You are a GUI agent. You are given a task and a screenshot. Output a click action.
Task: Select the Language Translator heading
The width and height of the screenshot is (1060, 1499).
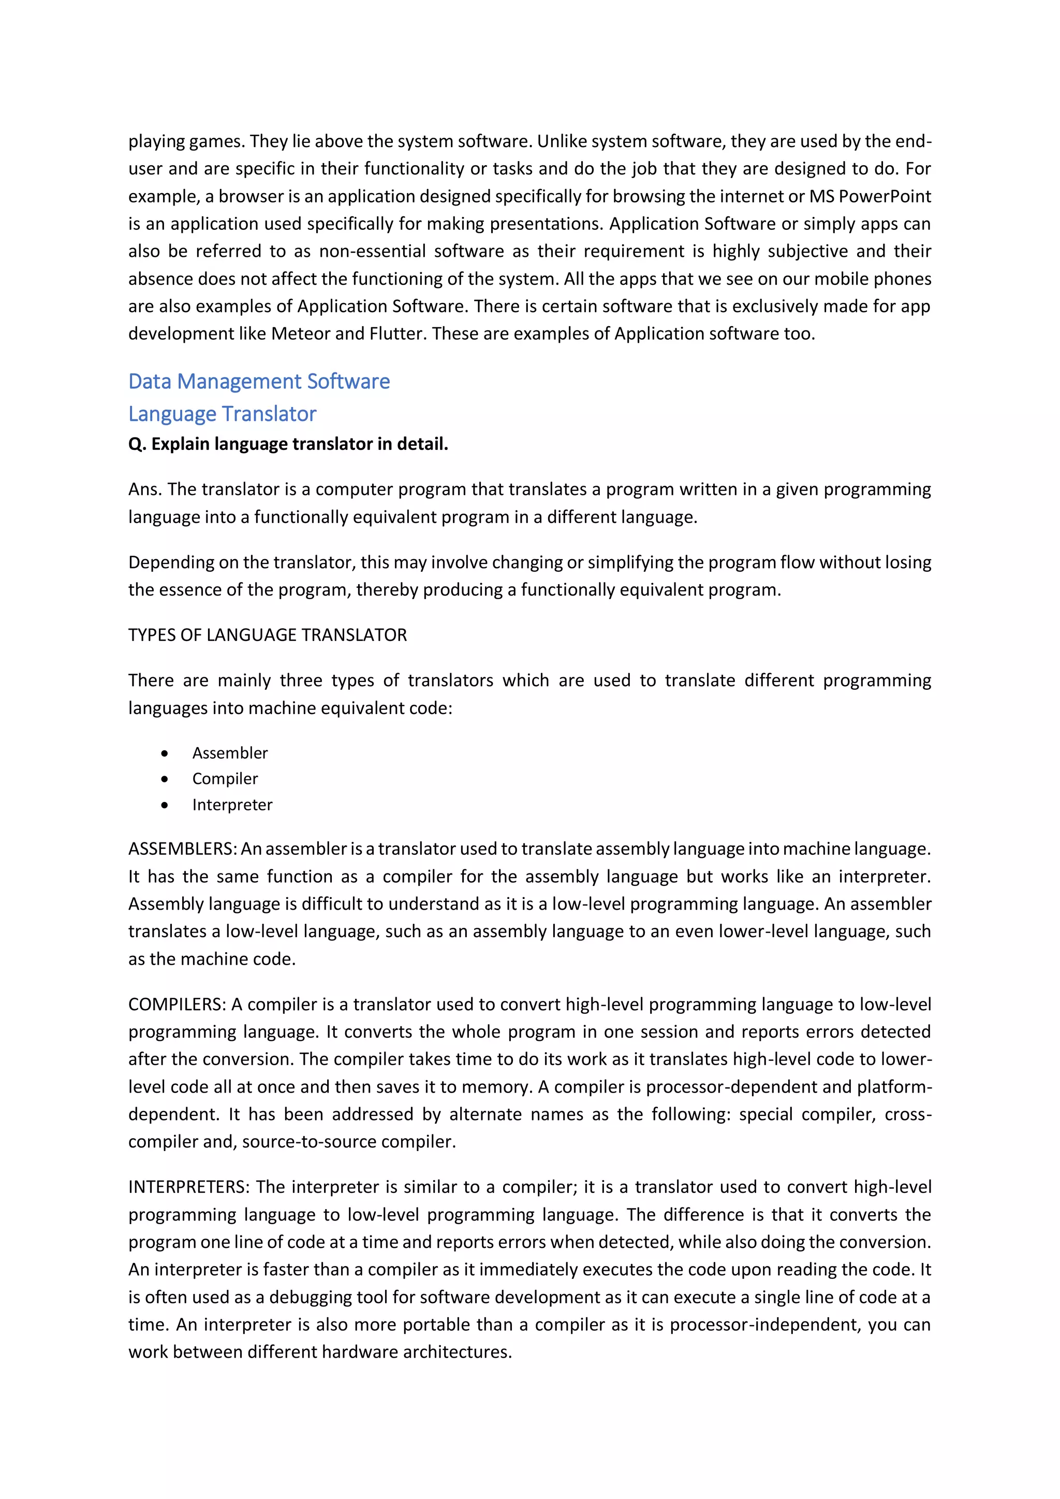pyautogui.click(x=222, y=414)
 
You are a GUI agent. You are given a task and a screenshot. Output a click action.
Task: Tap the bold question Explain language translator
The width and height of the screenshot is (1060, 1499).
pyautogui.click(x=288, y=444)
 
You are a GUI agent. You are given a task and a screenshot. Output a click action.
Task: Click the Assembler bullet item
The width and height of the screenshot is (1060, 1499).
pyautogui.click(x=230, y=753)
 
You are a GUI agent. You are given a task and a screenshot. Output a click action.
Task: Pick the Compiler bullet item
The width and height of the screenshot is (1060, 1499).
pyautogui.click(x=225, y=778)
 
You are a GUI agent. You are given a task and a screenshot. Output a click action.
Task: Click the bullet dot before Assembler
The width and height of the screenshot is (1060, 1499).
pyautogui.click(x=165, y=753)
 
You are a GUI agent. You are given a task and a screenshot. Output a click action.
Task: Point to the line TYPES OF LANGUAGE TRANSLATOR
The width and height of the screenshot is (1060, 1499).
pyautogui.click(x=267, y=635)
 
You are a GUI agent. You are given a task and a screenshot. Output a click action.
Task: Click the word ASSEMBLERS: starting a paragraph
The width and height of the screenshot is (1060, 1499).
pyautogui.click(x=182, y=849)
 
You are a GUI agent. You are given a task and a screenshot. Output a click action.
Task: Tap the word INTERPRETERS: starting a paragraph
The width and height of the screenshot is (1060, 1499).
pyautogui.click(x=188, y=1187)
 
